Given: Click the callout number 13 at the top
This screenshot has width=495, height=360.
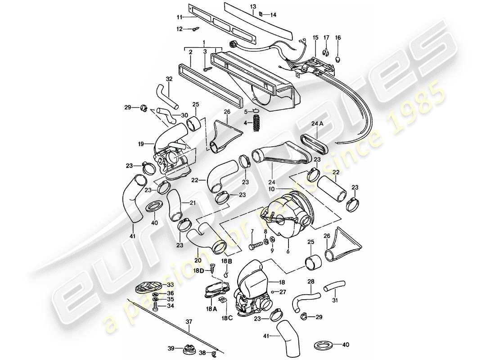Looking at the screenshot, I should click(x=253, y=6).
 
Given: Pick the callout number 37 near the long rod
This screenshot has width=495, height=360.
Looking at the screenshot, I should click(x=189, y=322).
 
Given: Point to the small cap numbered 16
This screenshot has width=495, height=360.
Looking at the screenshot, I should click(x=338, y=59).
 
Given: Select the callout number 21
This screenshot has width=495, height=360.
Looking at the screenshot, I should click(x=193, y=203).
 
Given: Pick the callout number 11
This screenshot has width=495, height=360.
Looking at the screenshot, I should click(x=180, y=17).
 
